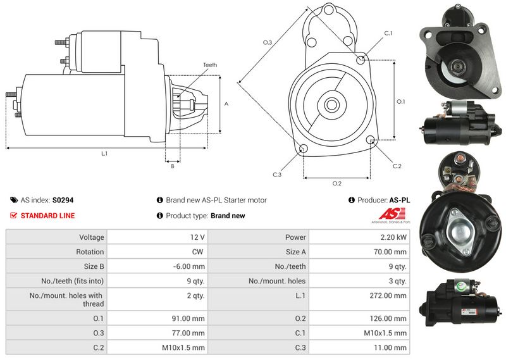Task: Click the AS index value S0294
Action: pyautogui.click(x=63, y=200)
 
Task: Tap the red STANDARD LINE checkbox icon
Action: pyautogui.click(x=13, y=215)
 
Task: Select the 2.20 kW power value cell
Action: pyautogui.click(x=393, y=237)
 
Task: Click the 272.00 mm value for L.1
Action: pyautogui.click(x=388, y=295)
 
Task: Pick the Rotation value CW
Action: pyautogui.click(x=197, y=252)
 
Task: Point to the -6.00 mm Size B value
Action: pyautogui.click(x=188, y=267)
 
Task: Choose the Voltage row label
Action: pyautogui.click(x=92, y=237)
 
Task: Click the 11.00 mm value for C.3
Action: pyautogui.click(x=390, y=348)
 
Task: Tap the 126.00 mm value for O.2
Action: pyautogui.click(x=388, y=319)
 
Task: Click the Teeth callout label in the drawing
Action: pyautogui.click(x=210, y=65)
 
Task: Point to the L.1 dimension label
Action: pyautogui.click(x=104, y=154)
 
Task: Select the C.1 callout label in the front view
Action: pyautogui.click(x=388, y=34)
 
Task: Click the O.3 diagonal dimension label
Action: pyautogui.click(x=268, y=42)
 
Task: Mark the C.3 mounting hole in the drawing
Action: pyautogui.click(x=303, y=149)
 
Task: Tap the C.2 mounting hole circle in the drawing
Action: pyautogui.click(x=371, y=139)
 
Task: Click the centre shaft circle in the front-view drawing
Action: pyautogui.click(x=331, y=104)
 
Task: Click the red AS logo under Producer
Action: pyautogui.click(x=392, y=214)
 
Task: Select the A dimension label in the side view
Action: pyautogui.click(x=226, y=104)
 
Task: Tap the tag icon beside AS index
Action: pyautogui.click(x=14, y=200)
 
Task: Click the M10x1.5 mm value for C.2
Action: pyautogui.click(x=183, y=348)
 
